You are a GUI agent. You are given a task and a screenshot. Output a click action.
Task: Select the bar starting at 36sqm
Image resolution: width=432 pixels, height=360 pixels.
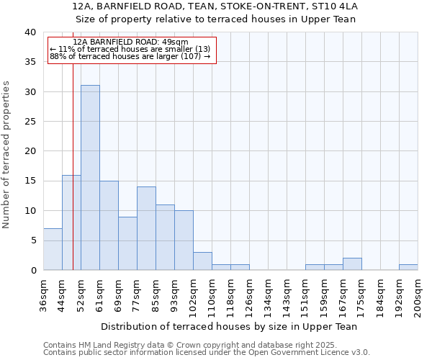(53, 249)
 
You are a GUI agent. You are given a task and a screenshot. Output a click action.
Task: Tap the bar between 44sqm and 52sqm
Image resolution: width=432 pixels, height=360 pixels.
(71, 222)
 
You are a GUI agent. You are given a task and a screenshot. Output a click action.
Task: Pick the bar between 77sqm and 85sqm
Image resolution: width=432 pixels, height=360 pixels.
(146, 228)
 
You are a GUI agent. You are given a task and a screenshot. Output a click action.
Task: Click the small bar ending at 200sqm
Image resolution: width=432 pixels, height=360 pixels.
(408, 267)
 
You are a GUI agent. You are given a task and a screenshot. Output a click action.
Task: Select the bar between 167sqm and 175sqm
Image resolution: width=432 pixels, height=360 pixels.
(352, 264)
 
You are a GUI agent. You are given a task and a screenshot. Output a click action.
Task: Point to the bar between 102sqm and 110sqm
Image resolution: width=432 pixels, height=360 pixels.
(202, 261)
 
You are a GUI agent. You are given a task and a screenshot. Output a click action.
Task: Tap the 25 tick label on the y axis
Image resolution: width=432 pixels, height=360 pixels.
(30, 122)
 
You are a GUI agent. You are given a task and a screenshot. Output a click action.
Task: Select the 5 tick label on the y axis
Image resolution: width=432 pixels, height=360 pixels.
(32, 240)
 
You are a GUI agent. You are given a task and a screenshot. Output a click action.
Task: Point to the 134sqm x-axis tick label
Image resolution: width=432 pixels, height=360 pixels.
(268, 295)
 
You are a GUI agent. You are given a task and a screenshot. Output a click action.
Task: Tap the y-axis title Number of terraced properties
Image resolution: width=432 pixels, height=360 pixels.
(6, 154)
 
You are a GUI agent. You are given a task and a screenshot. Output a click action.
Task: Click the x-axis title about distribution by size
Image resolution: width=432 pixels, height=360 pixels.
(229, 326)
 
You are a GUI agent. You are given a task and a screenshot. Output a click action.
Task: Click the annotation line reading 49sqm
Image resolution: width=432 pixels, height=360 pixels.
(130, 42)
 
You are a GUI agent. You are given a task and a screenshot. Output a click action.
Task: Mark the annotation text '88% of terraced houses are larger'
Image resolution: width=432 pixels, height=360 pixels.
(130, 56)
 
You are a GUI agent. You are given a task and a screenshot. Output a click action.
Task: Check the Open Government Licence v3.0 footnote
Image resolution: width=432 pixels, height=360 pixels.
(207, 353)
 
